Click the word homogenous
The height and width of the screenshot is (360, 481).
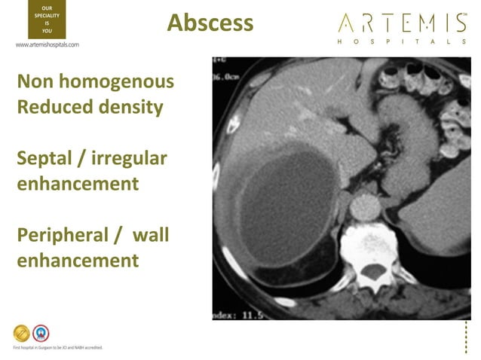point(124,81)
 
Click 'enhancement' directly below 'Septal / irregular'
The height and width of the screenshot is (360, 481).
point(77,184)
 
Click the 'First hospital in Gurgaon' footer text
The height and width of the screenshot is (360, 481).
point(57,347)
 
